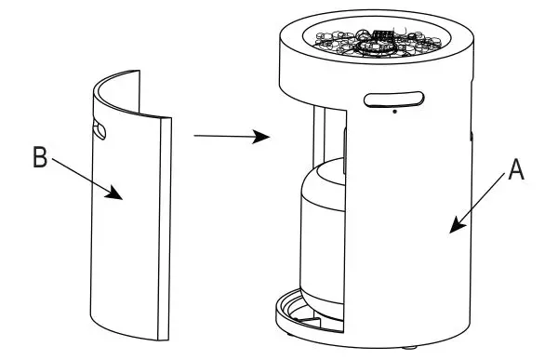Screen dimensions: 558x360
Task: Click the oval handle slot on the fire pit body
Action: pyautogui.click(x=394, y=99)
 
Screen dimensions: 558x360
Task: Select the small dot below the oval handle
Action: pyautogui.click(x=394, y=113)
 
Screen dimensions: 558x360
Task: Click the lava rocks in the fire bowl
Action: pyautogui.click(x=344, y=44)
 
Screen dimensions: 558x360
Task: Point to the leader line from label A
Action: pyautogui.click(x=484, y=197)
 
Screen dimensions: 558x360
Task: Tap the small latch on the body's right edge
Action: pyautogui.click(x=472, y=140)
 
